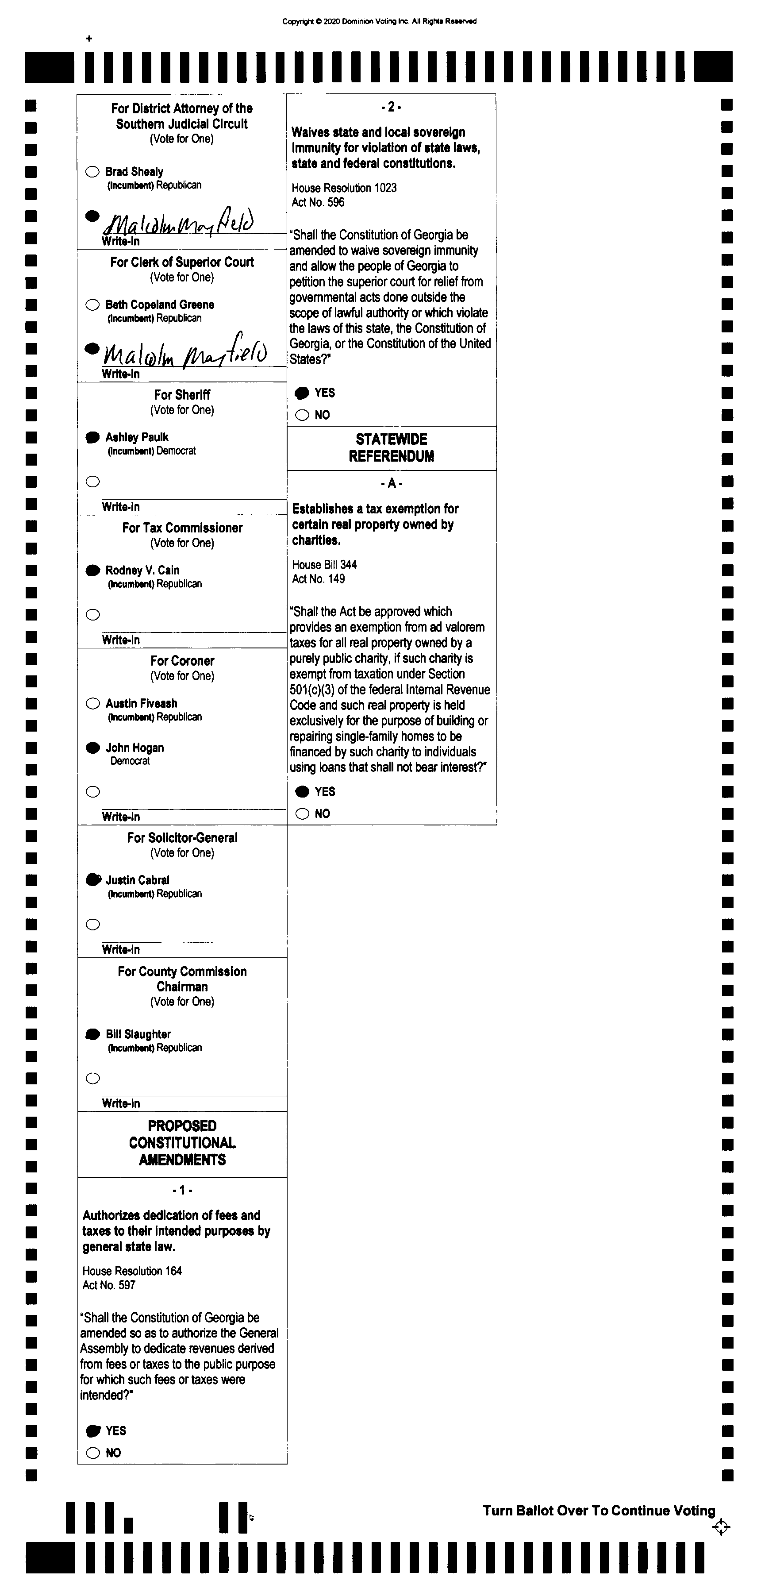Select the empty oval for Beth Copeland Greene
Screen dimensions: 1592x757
pos(93,305)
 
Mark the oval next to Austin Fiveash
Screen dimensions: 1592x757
pos(93,703)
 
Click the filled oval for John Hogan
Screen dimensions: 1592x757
pos(93,748)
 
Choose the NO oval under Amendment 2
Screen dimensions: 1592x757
pos(302,415)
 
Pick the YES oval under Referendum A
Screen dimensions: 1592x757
pos(302,792)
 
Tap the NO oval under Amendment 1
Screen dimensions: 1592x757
pos(93,1453)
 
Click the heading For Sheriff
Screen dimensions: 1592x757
pos(182,394)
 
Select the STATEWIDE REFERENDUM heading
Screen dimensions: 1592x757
pos(391,448)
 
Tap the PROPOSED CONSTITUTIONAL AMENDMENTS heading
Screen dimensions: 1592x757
pos(182,1143)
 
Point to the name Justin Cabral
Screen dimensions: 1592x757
pos(137,880)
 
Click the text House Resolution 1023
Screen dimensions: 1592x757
pos(344,188)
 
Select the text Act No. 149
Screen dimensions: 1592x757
pos(318,579)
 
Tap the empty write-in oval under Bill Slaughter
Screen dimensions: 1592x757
pos(93,1079)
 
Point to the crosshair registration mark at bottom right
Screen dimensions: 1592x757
pos(721,1527)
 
